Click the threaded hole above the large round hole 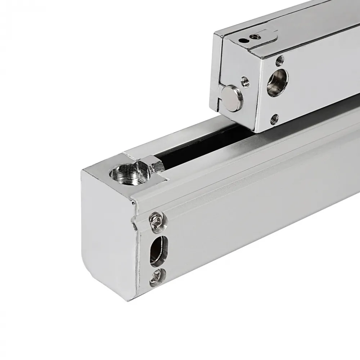(x=280, y=59)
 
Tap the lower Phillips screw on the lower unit (x=157, y=278)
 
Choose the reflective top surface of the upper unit (x=288, y=22)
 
